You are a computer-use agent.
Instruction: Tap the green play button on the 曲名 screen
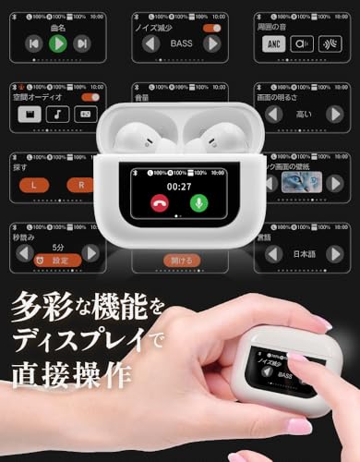(57, 43)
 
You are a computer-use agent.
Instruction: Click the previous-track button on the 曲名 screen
(33, 43)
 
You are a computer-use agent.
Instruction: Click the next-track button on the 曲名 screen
(82, 43)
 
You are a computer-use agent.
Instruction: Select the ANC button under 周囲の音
(274, 43)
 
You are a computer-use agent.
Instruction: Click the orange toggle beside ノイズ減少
(211, 29)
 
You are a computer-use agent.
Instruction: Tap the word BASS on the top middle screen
(181, 43)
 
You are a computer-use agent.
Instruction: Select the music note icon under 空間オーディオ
(57, 114)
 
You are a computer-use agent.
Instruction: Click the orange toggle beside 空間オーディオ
(90, 96)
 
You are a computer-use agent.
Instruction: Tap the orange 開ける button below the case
(180, 261)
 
